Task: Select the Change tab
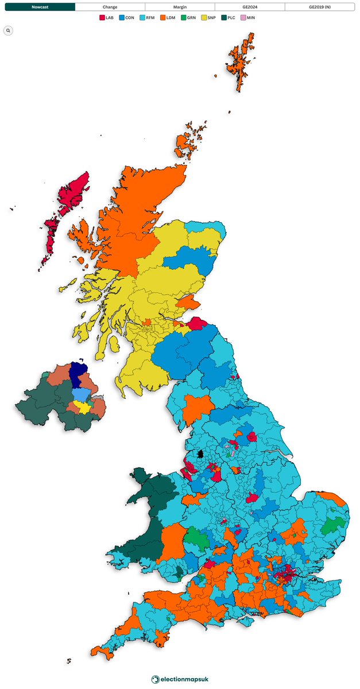click(x=110, y=7)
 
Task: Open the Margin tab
click(x=180, y=7)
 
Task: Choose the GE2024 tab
click(x=250, y=7)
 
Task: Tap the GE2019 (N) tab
click(x=319, y=7)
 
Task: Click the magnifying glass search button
click(x=8, y=30)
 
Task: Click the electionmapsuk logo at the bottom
click(x=180, y=679)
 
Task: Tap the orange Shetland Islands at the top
click(x=240, y=63)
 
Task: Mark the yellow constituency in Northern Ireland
click(x=85, y=408)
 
